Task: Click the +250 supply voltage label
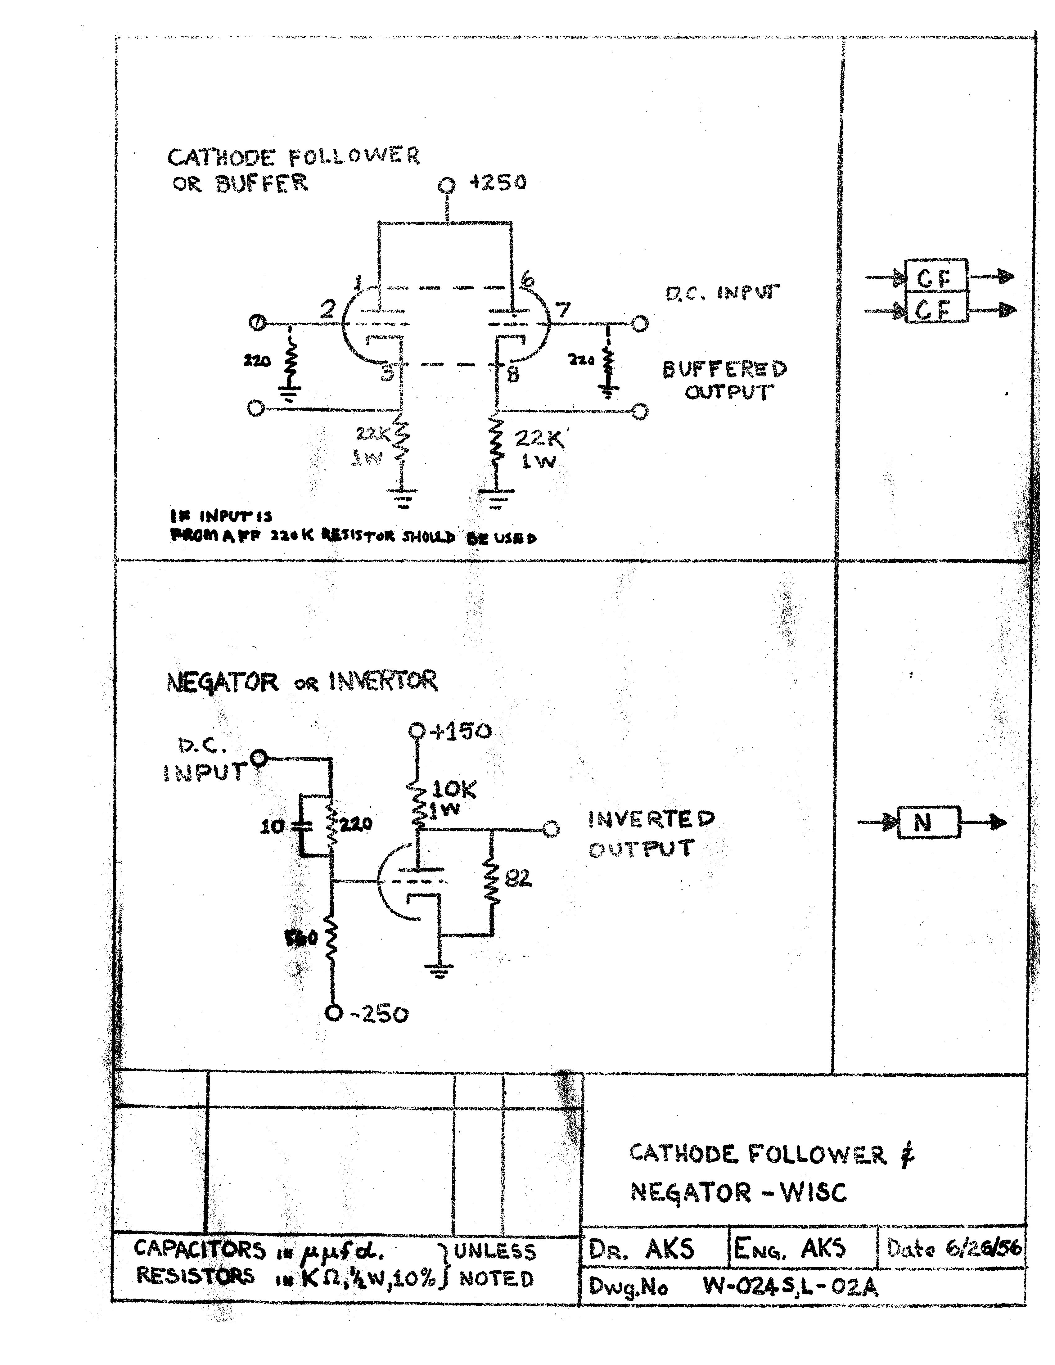(x=498, y=182)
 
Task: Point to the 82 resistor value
(x=518, y=879)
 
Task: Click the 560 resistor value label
(x=301, y=938)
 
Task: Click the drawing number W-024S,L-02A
(x=790, y=1286)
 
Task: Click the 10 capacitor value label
(x=273, y=827)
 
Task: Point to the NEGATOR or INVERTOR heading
(x=302, y=681)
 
